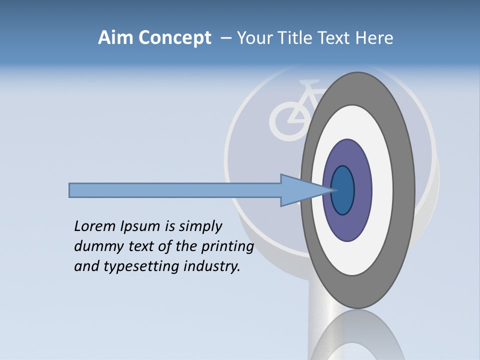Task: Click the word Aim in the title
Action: pyautogui.click(x=115, y=38)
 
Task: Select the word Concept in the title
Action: pyautogui.click(x=175, y=38)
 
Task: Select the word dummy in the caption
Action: pyautogui.click(x=94, y=246)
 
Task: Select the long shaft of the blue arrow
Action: pyautogui.click(x=175, y=190)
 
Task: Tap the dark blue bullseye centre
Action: pyautogui.click(x=343, y=190)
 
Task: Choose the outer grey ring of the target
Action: pyautogui.click(x=407, y=190)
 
